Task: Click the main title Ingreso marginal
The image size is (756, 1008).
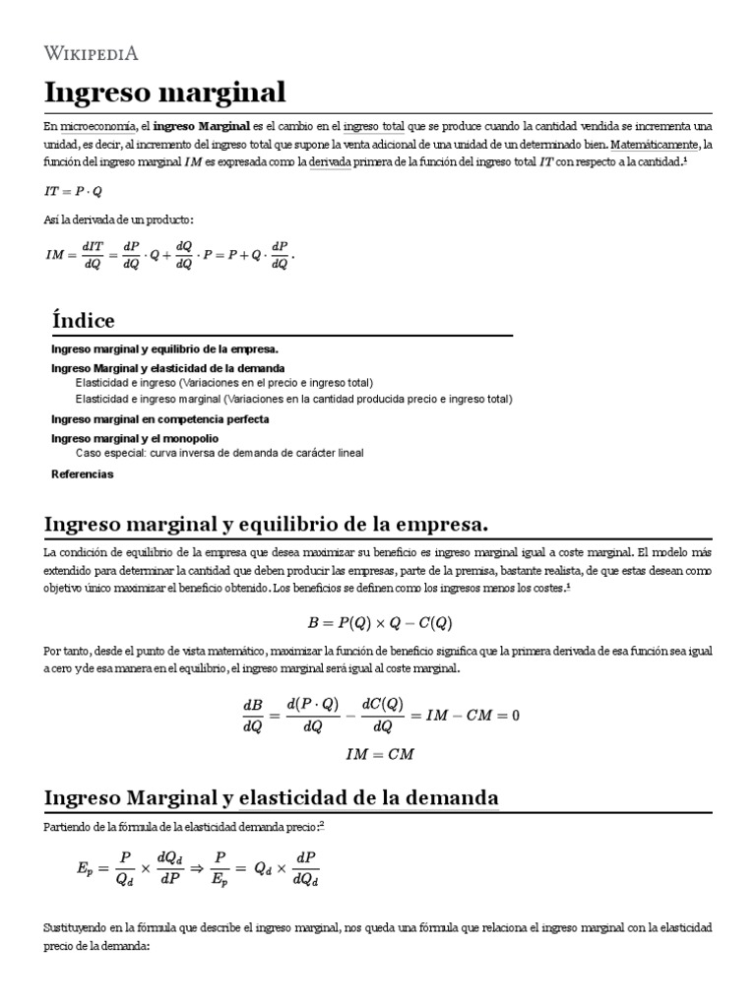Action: (164, 93)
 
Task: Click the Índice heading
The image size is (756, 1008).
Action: (83, 321)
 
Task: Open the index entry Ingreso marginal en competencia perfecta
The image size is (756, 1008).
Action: (159, 418)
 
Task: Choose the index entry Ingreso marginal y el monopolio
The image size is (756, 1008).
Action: (135, 437)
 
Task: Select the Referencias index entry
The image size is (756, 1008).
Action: (82, 473)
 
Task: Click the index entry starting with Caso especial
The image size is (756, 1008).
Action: (220, 453)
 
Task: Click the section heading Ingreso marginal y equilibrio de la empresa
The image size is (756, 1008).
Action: (267, 522)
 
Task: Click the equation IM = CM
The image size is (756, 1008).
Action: (379, 754)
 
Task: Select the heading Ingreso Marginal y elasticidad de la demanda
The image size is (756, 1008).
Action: (272, 797)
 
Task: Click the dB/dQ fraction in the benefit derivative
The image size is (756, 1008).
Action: (252, 716)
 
